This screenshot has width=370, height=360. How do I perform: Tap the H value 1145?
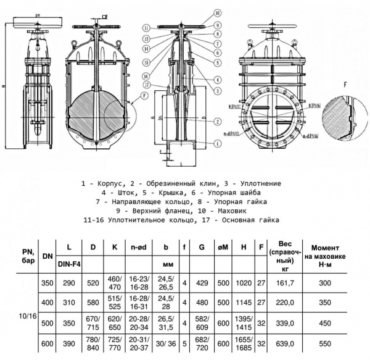(244, 304)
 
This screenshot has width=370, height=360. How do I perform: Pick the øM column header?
(223, 248)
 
